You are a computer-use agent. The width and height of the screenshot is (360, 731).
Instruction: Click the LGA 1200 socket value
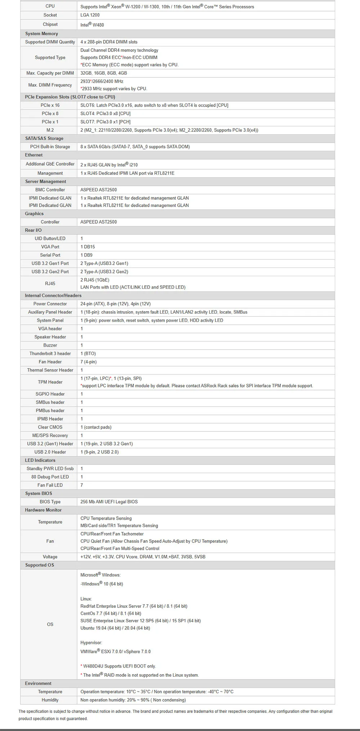90,15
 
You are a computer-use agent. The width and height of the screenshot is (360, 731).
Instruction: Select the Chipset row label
50,24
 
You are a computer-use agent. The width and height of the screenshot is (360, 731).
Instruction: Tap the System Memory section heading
41,34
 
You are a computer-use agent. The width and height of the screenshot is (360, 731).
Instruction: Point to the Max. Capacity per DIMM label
50,73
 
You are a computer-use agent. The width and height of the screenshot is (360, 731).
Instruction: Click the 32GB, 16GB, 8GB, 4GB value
104,73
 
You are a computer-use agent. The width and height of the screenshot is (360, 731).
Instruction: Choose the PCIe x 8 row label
50,113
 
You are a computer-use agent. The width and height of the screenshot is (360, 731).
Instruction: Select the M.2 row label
50,130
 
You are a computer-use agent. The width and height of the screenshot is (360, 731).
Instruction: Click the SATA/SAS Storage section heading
44,138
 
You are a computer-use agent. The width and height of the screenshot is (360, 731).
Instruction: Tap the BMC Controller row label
50,190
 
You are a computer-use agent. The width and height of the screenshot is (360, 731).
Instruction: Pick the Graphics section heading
34,214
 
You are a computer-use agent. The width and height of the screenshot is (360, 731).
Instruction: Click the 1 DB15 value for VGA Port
88,247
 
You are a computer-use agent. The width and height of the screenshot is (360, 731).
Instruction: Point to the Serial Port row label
50,255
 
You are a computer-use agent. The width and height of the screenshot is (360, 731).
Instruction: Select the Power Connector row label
50,304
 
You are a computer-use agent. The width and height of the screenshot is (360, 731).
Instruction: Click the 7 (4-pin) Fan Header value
89,362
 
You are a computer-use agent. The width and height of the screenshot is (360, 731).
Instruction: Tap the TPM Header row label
50,382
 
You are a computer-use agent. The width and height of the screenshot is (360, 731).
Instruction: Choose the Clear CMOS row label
50,427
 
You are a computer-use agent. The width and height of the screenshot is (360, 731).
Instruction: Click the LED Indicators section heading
40,460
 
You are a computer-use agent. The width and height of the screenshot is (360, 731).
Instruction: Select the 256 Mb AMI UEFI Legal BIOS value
109,502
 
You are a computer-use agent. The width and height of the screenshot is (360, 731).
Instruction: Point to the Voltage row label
50,557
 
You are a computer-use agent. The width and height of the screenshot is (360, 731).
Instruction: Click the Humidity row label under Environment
50,700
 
